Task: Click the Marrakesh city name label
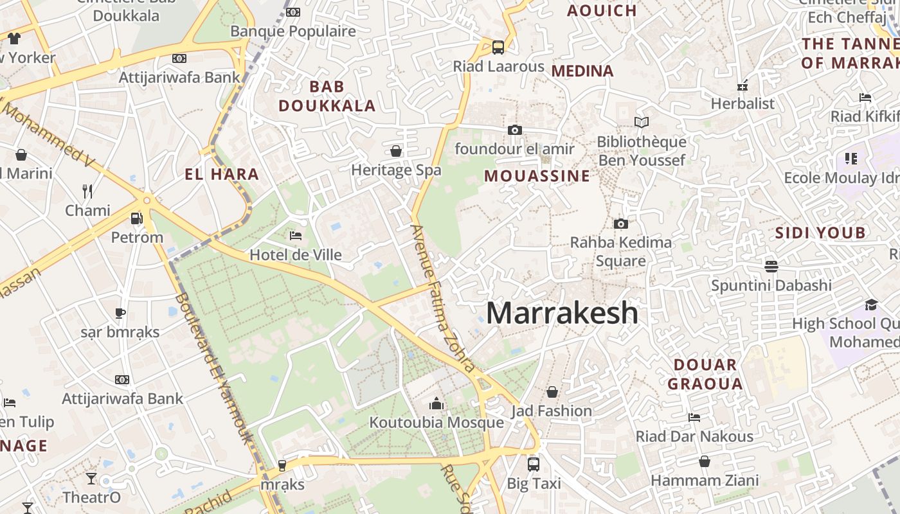562,313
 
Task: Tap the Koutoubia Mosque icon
437,403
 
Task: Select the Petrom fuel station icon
136,218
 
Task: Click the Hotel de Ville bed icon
296,236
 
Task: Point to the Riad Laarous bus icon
498,47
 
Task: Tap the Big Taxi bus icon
533,464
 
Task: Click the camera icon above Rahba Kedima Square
620,224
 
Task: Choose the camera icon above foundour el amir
514,130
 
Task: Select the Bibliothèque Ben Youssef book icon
641,122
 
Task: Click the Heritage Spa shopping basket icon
396,151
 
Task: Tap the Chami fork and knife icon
87,191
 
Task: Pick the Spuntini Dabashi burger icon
771,266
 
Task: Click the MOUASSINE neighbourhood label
537,176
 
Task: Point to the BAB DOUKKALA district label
327,96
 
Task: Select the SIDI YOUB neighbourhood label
820,233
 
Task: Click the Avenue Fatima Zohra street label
443,299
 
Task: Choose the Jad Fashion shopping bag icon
552,392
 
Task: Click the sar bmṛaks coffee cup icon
120,313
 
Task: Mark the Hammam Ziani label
705,480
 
